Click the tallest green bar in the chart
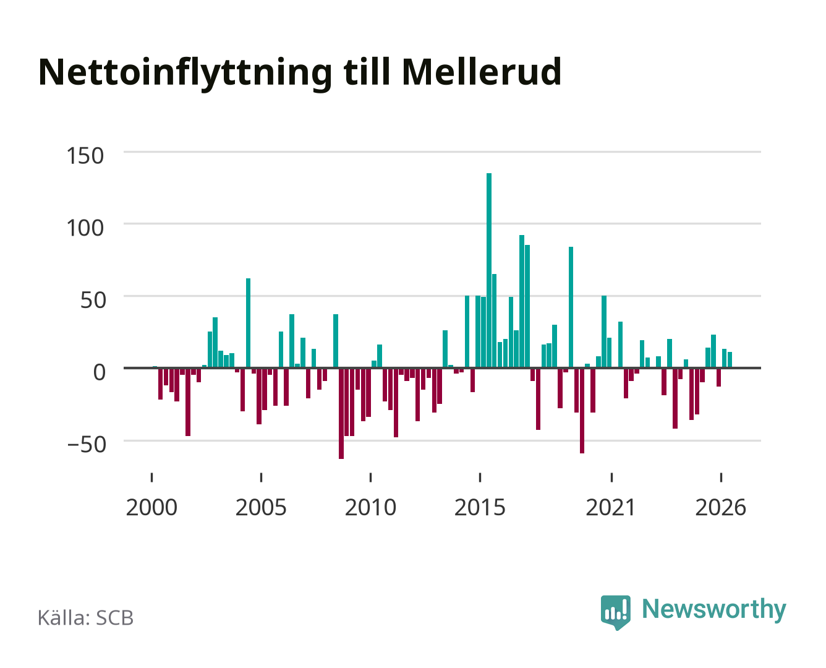488,270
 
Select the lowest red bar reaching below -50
341,413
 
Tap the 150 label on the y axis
85,156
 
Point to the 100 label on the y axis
85,228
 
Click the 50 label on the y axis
93,300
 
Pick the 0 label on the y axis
100,372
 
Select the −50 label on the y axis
87,444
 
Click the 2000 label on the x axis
151,507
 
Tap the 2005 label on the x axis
261,507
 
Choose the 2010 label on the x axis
371,507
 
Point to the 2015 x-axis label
480,507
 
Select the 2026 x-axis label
721,507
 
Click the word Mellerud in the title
482,72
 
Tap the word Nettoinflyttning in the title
185,74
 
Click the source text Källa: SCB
86,617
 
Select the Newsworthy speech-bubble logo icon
615,612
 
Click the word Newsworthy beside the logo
714,609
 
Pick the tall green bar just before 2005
248,323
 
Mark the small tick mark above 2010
371,477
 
